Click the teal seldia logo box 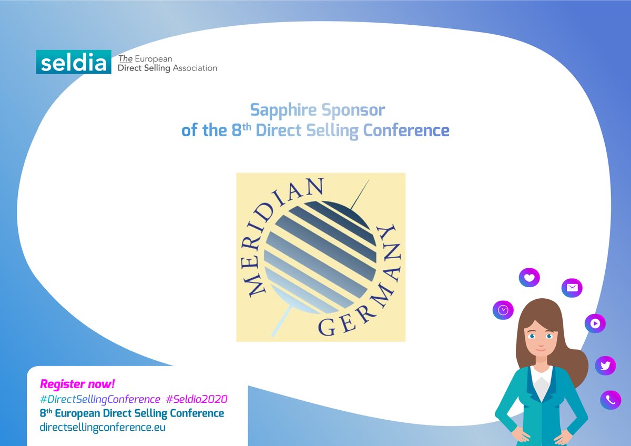click(74, 62)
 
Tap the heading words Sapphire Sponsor click(317, 110)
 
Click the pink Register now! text click(77, 384)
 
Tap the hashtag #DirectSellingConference click(100, 399)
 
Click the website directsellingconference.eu click(103, 427)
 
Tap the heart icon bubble click(529, 277)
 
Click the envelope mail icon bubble click(572, 288)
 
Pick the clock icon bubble click(503, 310)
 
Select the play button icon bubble click(595, 323)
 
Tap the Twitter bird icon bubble click(605, 366)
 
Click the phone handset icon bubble click(610, 400)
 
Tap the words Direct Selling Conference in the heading click(352, 130)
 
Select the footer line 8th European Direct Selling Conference click(132, 413)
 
